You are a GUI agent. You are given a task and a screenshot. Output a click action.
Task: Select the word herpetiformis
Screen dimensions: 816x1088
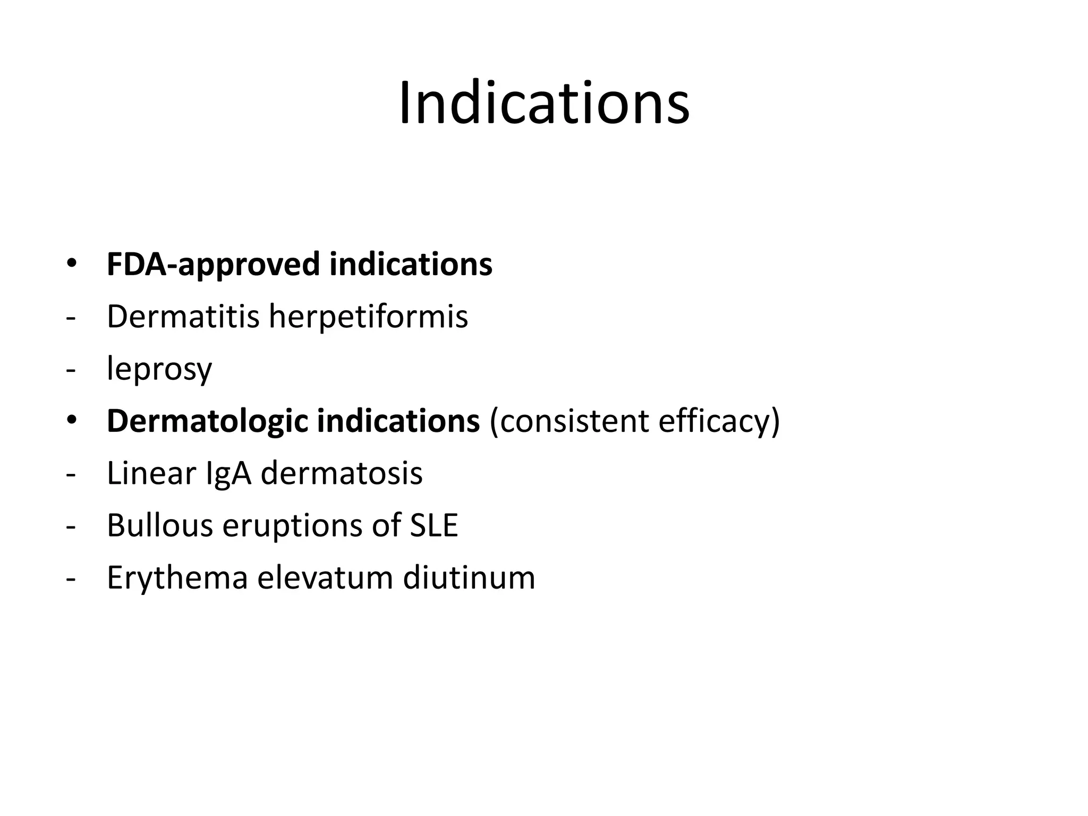368,317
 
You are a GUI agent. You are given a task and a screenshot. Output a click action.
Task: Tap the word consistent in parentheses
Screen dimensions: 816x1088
569,421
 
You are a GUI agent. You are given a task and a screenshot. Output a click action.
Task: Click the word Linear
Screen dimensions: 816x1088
151,473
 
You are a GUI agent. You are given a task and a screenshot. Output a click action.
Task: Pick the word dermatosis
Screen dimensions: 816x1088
342,473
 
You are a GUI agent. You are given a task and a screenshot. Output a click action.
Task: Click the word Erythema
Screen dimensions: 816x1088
177,577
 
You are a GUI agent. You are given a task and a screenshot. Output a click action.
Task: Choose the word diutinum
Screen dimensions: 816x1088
469,577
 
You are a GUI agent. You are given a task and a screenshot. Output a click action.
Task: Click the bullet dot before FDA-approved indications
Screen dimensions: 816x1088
71,264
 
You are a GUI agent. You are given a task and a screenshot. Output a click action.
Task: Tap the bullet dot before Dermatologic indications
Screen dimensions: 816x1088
71,421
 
